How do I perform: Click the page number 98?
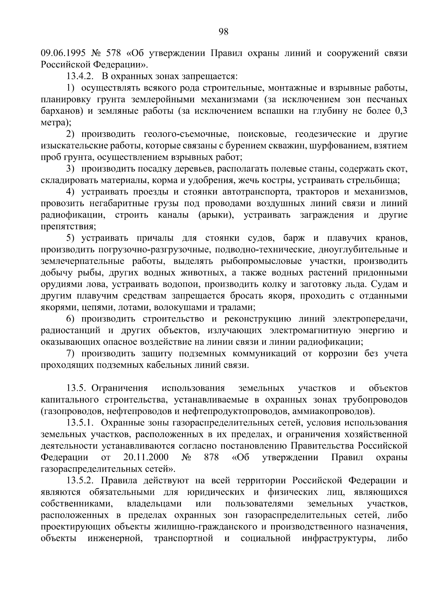(x=223, y=32)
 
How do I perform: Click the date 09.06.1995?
(x=63, y=54)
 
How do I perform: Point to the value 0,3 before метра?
(x=401, y=111)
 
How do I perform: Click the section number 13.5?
(x=76, y=388)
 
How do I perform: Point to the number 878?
(x=211, y=457)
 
